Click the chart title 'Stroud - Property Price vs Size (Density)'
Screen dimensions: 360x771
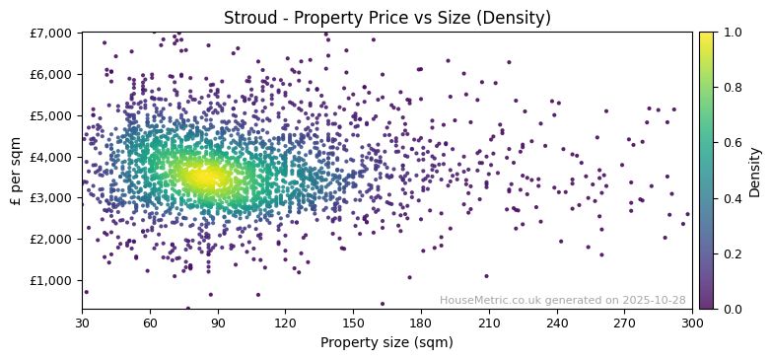[386, 18]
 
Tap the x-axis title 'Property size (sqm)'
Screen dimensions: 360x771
[386, 343]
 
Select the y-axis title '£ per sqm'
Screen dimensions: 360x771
[17, 171]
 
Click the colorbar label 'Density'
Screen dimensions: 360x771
[755, 171]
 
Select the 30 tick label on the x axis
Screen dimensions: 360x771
[82, 322]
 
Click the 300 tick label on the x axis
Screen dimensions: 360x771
[692, 322]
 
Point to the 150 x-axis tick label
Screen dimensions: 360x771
[353, 322]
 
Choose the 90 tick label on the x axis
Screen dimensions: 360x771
[218, 322]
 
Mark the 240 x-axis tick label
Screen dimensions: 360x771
[557, 322]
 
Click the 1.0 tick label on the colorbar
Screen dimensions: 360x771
[731, 33]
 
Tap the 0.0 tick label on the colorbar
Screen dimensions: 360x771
[731, 309]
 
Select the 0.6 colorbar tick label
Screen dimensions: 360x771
[731, 143]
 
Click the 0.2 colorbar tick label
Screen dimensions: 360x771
[731, 253]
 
